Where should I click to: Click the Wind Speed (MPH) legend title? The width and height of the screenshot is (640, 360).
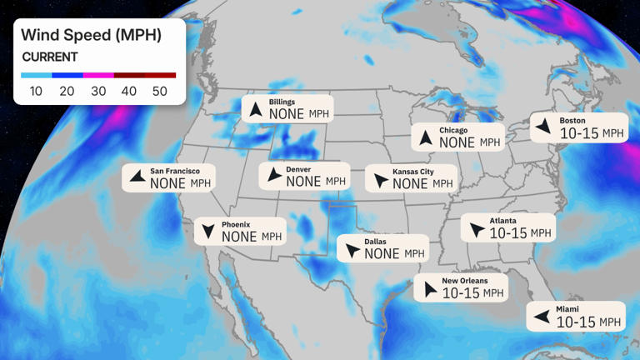coord(91,35)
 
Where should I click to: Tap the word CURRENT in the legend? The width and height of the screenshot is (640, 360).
coord(50,57)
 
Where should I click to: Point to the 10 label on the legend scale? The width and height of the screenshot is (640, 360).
coord(36,91)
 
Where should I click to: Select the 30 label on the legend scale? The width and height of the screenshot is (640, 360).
coord(98,91)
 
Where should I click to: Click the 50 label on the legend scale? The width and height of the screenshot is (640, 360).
coord(159,91)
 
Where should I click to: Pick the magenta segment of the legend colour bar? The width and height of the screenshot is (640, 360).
coord(98,75)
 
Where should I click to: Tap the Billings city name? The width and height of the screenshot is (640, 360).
coord(282,102)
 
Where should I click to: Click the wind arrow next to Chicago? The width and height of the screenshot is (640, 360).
coord(425,137)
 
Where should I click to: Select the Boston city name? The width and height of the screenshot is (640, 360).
coord(572,121)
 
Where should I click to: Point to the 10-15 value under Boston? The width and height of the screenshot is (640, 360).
coord(579,133)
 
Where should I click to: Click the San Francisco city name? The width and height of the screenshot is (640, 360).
coord(175,171)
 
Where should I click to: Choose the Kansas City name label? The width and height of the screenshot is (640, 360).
coord(413,172)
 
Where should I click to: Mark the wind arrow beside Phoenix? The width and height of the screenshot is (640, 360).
coord(207,232)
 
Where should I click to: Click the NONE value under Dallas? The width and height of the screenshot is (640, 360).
coord(382,253)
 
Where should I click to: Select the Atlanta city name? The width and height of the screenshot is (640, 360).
coord(502,221)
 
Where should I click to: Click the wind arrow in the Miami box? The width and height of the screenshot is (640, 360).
coord(541,316)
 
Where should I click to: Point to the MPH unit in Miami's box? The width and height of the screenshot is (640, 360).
coord(611,322)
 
